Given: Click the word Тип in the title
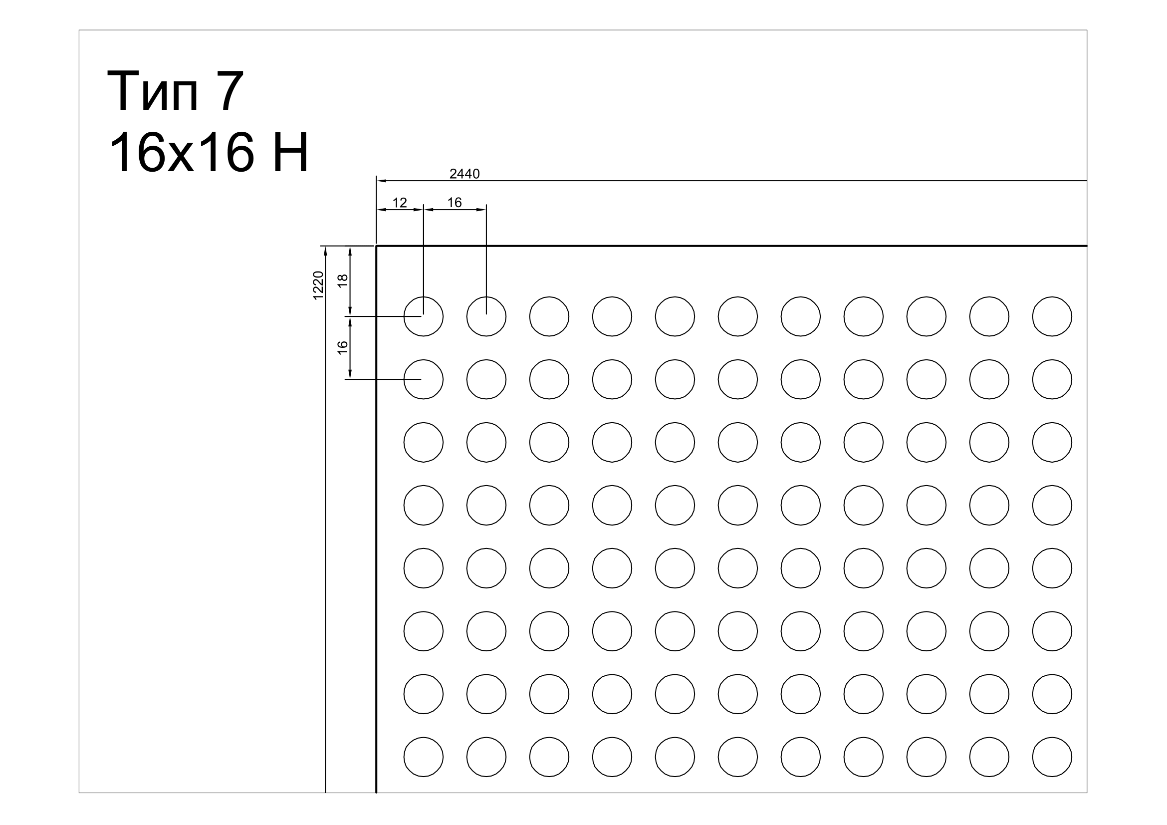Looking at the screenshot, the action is point(153,91).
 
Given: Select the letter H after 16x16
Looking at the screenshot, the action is point(290,153).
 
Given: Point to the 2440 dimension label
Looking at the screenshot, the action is point(465,174).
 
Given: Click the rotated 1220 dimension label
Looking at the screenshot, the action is point(318,285).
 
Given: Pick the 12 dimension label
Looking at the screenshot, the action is point(400,203).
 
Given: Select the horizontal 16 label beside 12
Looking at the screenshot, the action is point(455,203).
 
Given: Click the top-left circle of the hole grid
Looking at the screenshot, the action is point(424,297).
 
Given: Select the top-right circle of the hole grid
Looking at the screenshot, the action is point(1052,297).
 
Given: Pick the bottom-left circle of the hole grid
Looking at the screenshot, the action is point(424,737).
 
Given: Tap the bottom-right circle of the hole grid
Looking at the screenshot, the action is point(1052,737).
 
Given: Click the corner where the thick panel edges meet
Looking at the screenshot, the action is point(376,246).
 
